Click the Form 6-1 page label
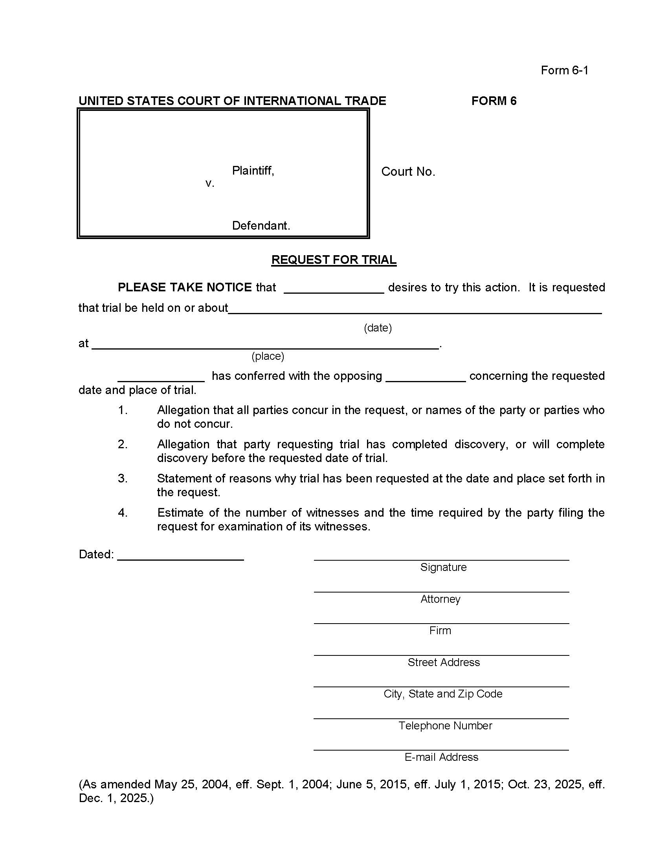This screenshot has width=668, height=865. [564, 70]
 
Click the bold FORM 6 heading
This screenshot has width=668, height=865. [494, 101]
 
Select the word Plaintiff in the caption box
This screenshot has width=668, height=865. [253, 171]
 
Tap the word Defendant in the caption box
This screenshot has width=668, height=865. [261, 226]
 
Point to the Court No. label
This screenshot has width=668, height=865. [408, 171]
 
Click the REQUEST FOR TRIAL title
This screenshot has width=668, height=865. [334, 260]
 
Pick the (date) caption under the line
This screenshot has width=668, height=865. [378, 328]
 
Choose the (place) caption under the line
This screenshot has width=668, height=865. [268, 356]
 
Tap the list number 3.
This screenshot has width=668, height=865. [123, 479]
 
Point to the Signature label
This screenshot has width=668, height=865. [443, 567]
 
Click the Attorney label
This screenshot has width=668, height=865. [440, 599]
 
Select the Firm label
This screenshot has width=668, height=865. [440, 631]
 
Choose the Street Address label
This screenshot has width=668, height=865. [444, 662]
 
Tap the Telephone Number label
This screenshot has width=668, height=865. [445, 725]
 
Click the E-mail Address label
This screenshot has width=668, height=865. [441, 757]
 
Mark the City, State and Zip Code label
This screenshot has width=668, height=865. [443, 694]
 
